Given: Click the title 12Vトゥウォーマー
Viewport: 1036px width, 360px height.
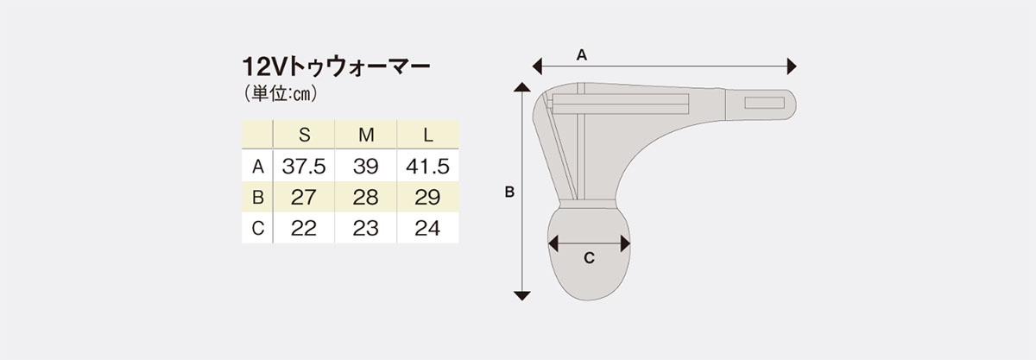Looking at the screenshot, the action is (x=336, y=67).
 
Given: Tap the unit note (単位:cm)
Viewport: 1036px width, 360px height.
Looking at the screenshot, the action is (x=281, y=94).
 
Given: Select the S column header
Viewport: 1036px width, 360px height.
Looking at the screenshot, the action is (x=304, y=135).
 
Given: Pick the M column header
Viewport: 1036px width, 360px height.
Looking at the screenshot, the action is (x=366, y=135).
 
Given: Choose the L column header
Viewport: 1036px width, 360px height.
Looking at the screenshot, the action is (x=428, y=135).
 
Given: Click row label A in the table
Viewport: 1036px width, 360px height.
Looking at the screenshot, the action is (x=257, y=166).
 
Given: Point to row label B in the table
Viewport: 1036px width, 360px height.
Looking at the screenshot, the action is (x=257, y=197).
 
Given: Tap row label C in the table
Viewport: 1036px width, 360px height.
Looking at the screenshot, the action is (x=257, y=228).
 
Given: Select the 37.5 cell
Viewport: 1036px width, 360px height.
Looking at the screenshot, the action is (x=304, y=166).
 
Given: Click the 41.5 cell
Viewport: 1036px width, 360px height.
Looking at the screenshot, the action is (x=428, y=166).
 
